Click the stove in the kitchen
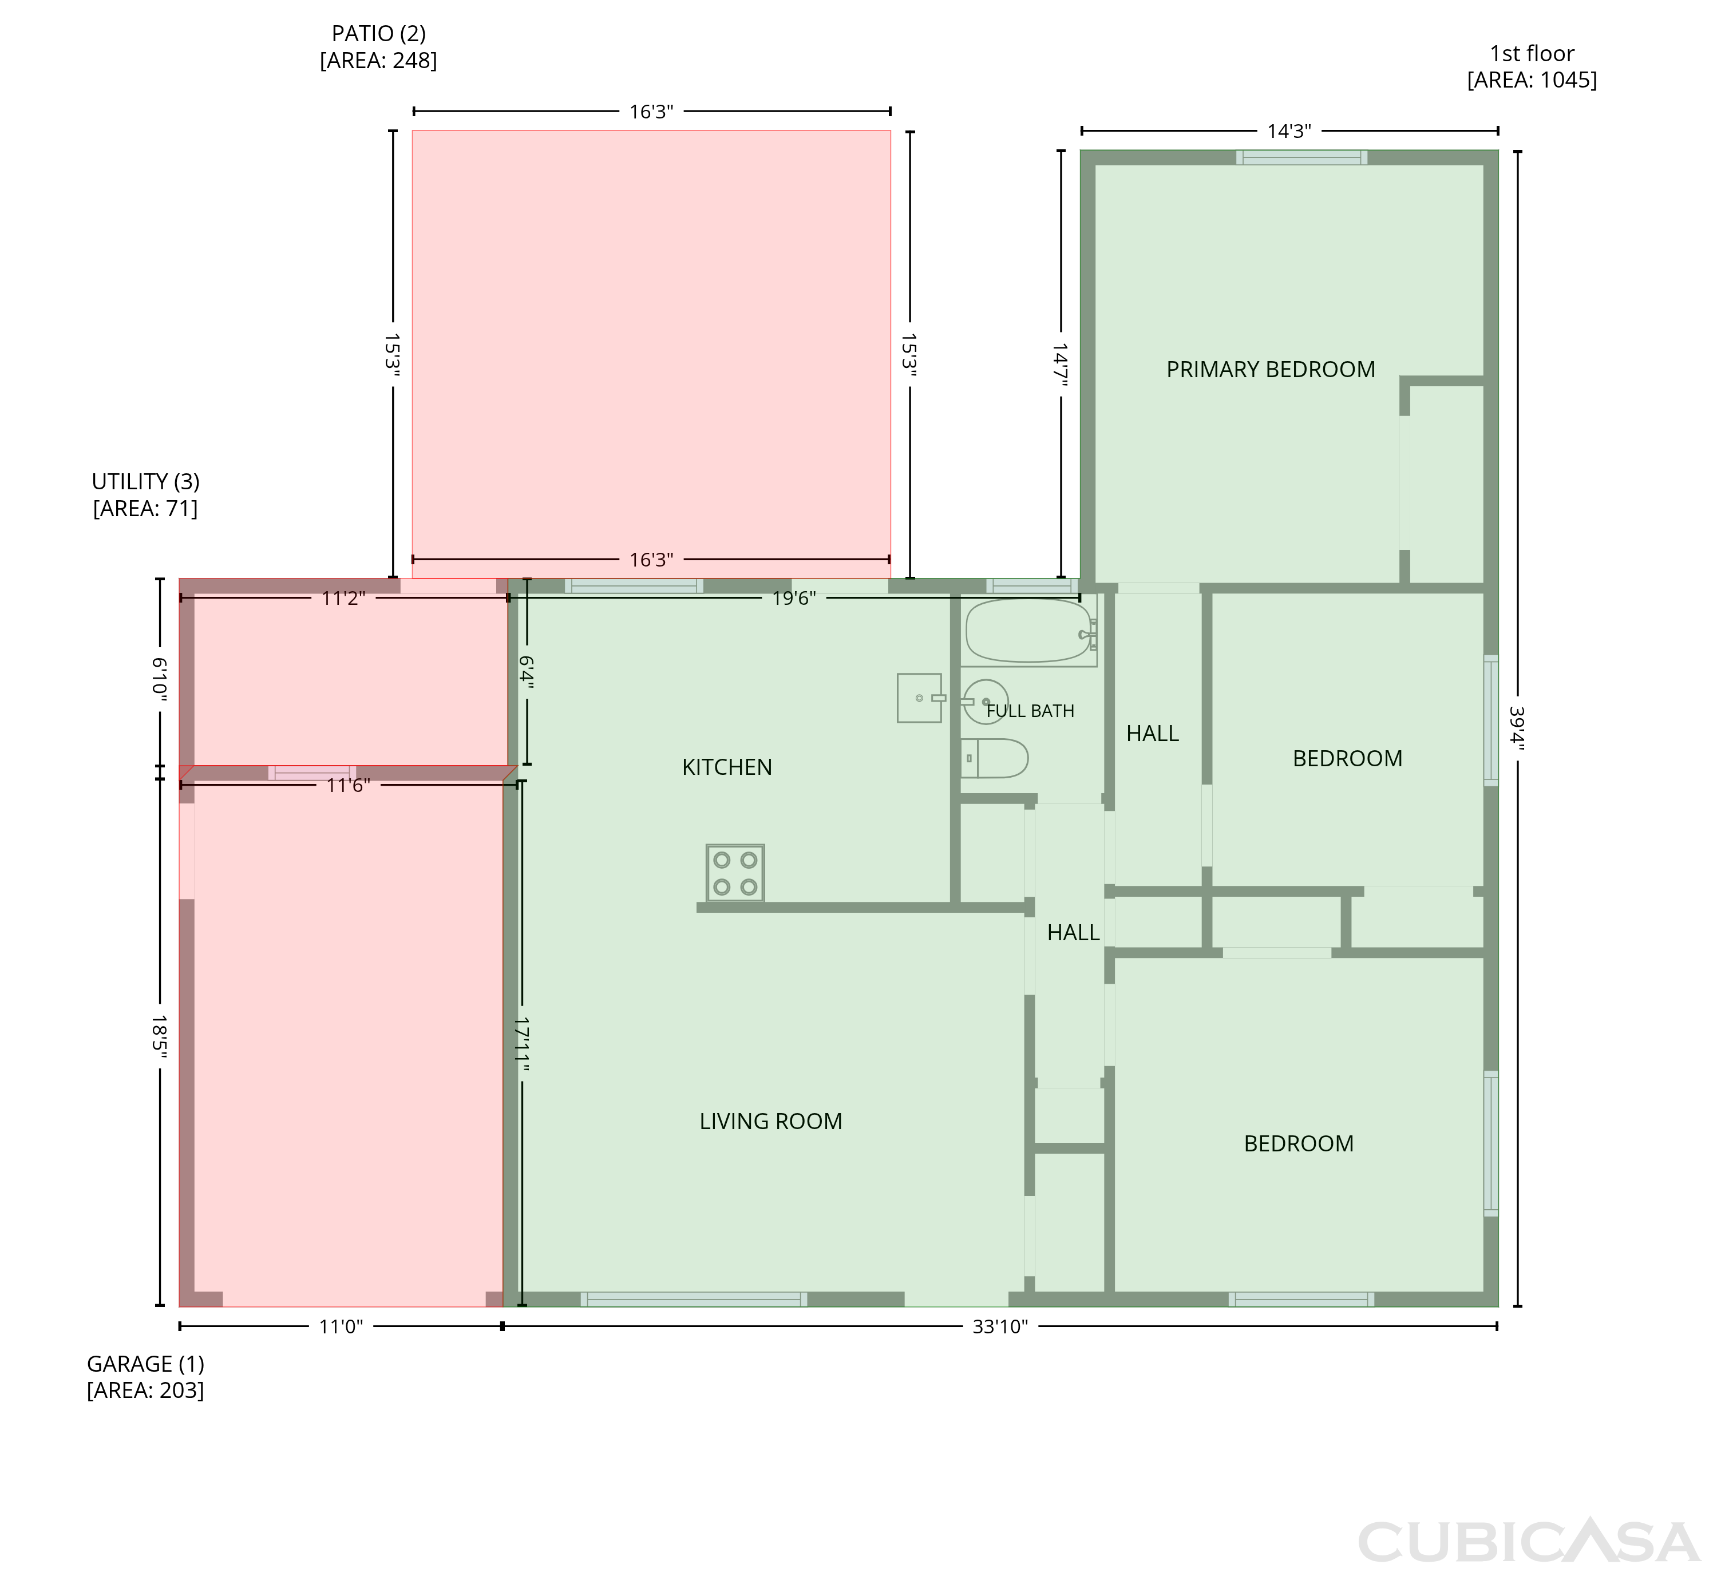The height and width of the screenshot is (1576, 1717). click(735, 873)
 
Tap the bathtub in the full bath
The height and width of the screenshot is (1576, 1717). click(1028, 631)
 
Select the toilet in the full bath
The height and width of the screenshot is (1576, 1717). click(995, 758)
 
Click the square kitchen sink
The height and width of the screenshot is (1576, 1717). click(920, 699)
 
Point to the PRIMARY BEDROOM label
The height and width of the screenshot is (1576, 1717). click(1271, 369)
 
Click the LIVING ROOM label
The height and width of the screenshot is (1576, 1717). click(771, 1122)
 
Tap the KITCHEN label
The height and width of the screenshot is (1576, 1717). click(727, 767)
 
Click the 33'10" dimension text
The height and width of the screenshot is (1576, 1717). click(1000, 1327)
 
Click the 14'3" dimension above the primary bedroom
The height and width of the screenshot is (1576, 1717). click(1289, 132)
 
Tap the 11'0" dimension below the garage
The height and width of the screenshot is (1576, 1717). click(341, 1327)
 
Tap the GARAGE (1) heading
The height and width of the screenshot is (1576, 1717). click(146, 1364)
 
